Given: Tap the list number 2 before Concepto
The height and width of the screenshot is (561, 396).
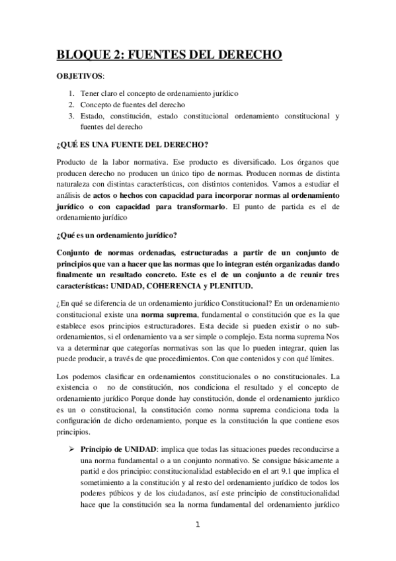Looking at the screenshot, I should (x=71, y=105).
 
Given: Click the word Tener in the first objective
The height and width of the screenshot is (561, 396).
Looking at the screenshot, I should (x=91, y=93).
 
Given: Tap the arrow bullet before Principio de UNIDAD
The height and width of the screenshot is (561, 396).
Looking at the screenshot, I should (x=71, y=449).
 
